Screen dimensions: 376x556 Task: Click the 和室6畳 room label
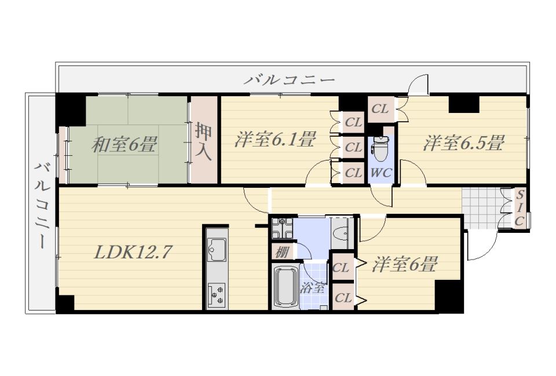tap(124, 144)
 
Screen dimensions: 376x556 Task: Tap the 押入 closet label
tap(204, 141)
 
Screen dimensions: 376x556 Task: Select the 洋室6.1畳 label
tap(275, 140)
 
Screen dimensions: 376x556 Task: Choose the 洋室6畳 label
tap(404, 265)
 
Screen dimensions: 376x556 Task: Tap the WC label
tap(380, 172)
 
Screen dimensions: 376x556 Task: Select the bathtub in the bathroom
tap(285, 286)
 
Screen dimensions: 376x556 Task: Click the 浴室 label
tap(313, 287)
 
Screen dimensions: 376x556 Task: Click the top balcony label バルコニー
tap(289, 79)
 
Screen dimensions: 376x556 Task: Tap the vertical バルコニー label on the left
tap(41, 206)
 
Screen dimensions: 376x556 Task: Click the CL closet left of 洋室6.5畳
tap(380, 109)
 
